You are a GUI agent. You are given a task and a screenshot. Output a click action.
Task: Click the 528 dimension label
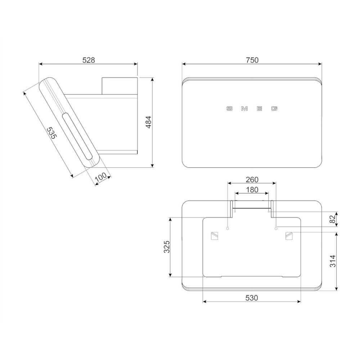[x=89, y=60]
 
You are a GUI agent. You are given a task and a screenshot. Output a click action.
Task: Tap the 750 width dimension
[x=252, y=60]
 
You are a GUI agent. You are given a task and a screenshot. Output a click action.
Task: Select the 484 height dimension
[x=149, y=122]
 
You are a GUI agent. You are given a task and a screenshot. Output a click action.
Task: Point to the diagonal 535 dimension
[x=51, y=133]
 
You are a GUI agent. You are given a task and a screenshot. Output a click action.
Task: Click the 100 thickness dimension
[x=101, y=177]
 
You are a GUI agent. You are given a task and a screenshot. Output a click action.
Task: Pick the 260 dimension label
[x=252, y=180]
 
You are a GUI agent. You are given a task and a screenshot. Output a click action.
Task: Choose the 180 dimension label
[x=252, y=190]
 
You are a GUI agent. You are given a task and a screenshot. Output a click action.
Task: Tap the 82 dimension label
[x=332, y=219]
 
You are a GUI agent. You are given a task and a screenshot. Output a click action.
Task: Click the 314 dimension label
[x=332, y=261]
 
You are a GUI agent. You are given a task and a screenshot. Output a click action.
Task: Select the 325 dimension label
[x=167, y=247]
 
